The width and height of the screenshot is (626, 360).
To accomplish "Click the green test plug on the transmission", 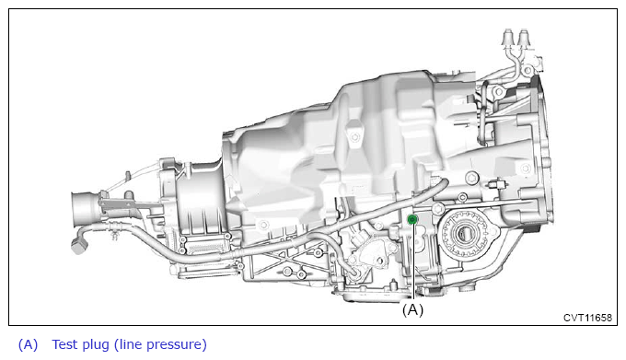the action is coord(412,219).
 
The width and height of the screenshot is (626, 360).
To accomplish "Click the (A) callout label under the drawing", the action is coord(412,309).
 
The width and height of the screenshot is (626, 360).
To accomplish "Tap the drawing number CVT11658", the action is coord(587,318).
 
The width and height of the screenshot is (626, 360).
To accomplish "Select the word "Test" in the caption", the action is coord(66,344).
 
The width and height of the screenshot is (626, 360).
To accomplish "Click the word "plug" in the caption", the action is coord(97,345).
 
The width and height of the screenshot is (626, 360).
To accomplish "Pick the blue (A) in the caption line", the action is coord(28,345).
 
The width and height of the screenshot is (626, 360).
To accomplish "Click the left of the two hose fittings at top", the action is coord(508,38).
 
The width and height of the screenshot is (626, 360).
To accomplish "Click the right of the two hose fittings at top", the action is coord(524,38).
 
